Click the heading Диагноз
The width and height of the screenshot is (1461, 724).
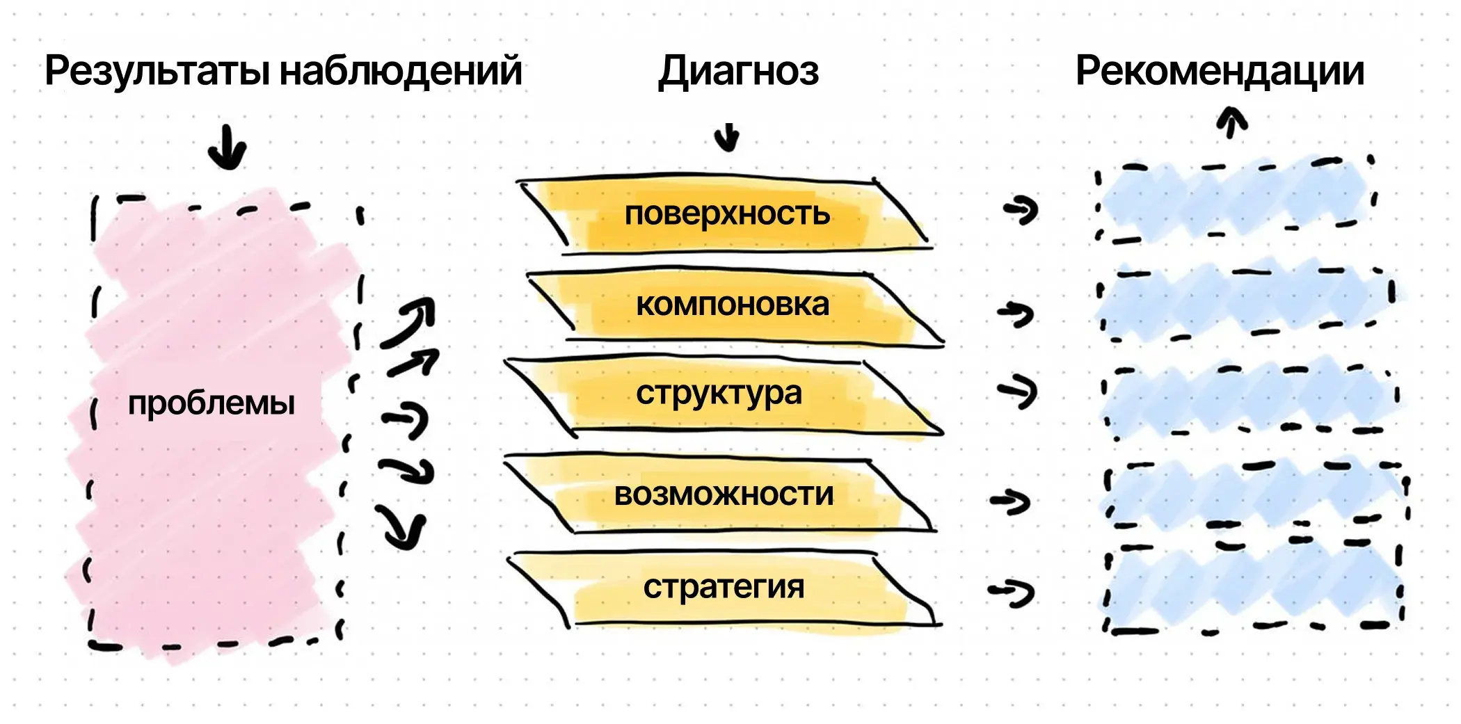(x=738, y=72)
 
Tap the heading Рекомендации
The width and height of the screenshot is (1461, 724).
(x=1220, y=72)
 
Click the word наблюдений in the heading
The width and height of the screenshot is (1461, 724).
(x=401, y=72)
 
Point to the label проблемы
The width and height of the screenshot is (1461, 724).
(x=211, y=403)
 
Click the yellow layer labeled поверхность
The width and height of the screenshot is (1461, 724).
(x=727, y=214)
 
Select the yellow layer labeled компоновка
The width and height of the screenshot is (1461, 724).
(x=733, y=305)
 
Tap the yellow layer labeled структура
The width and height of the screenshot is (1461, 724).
(x=719, y=394)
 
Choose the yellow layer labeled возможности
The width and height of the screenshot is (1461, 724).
(x=724, y=494)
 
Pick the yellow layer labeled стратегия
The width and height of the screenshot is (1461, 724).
(x=724, y=587)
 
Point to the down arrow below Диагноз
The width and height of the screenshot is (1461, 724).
(x=727, y=137)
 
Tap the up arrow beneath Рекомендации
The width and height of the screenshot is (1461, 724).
(x=1232, y=121)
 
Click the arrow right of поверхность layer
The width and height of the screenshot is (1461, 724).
(x=1021, y=209)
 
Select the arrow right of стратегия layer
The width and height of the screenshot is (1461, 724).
(x=1012, y=593)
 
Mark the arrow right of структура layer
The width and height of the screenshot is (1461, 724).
(x=1017, y=392)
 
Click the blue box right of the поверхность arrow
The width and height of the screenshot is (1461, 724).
(x=1235, y=200)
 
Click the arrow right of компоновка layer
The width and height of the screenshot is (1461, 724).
(x=1016, y=314)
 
